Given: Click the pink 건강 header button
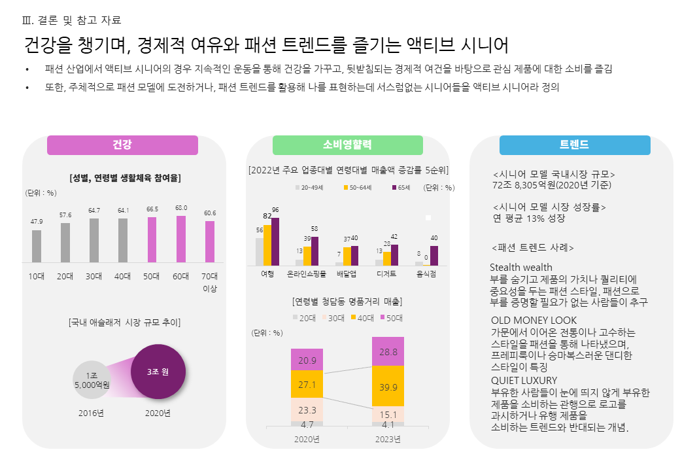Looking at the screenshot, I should coord(122,145).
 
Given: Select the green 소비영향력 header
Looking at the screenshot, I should coord(347,145).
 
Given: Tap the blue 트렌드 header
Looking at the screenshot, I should coord(574,145).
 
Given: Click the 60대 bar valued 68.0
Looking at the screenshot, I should coord(181,239).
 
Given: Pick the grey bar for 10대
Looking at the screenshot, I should coord(37,246).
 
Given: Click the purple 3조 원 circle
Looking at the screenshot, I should coord(158,372).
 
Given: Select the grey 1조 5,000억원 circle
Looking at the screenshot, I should coord(92,380).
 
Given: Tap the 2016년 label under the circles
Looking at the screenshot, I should coord(92,413).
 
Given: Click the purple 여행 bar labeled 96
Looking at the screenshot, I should coord(275,241).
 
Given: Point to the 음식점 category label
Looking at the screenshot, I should coord(426,274).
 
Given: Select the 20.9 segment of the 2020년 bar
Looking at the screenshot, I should coord(307,360).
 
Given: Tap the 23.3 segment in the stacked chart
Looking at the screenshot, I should coord(307,410).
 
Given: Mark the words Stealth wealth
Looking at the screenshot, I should coord(521,267).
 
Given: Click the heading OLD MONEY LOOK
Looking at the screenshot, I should coord(534,320).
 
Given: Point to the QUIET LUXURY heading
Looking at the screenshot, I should coord(524,380).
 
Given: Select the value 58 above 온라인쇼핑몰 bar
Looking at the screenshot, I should coord(314,229).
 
